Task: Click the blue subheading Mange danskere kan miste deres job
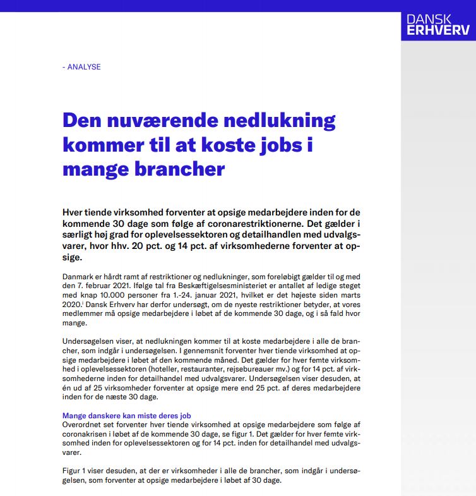pyautogui.click(x=126, y=416)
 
